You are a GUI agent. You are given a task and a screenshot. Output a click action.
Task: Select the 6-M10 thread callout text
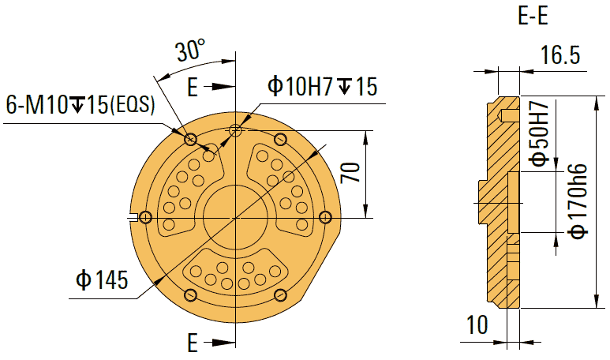tap(80, 105)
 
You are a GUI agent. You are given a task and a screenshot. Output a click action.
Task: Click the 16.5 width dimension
tap(560, 56)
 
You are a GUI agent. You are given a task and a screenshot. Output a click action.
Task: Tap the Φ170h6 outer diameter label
tap(578, 201)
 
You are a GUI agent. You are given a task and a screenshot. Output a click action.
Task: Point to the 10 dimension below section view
tap(477, 324)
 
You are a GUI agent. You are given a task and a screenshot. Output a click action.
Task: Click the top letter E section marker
tap(192, 86)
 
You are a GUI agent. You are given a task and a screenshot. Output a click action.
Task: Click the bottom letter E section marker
tap(192, 343)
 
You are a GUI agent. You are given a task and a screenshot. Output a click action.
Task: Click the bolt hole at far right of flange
tap(324, 217)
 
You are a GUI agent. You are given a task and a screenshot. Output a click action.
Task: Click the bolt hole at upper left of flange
tap(190, 140)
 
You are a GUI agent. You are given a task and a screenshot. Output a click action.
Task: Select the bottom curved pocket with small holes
tap(234, 273)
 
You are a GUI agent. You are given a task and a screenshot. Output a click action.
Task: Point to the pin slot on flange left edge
tap(144, 217)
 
